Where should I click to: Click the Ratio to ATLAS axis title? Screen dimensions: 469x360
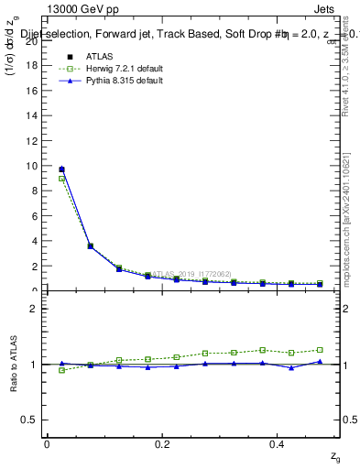13,365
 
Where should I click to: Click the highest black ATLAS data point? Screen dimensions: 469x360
61,169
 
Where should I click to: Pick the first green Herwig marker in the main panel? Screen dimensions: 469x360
61,179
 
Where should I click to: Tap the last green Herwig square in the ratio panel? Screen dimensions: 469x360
320,350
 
